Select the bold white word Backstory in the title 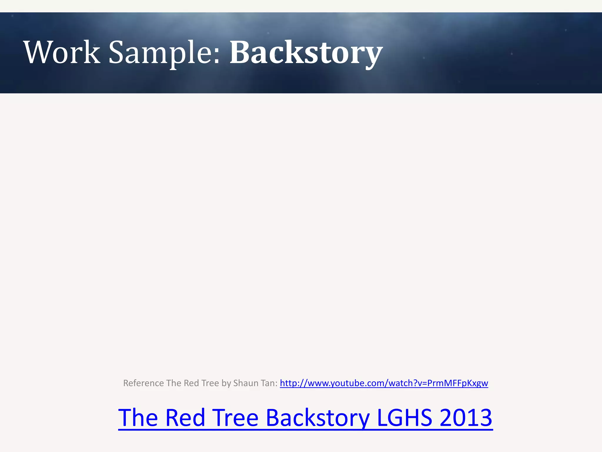point(306,53)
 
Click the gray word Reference point(143,383)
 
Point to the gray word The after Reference point(174,383)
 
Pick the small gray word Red point(191,383)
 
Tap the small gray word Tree point(210,383)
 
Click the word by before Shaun point(226,383)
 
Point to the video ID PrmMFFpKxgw point(457,383)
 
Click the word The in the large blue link point(138,418)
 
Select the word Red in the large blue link point(185,418)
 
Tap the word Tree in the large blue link point(235,418)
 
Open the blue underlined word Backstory point(317,418)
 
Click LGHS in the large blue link point(404,418)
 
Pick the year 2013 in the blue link point(466,418)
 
